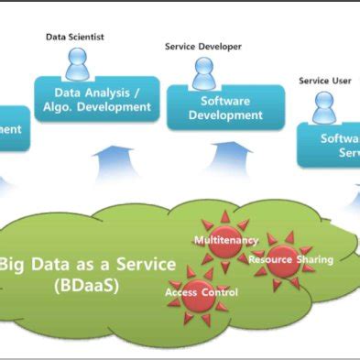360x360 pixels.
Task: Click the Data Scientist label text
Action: tap(75, 37)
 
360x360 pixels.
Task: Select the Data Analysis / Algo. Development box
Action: tap(96, 99)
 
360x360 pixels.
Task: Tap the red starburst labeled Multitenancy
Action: tap(224, 240)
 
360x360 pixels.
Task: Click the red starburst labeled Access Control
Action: tap(201, 291)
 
